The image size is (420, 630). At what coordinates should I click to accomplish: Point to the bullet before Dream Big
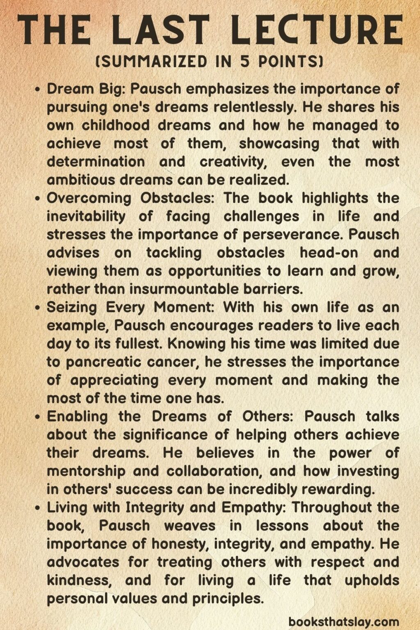click(38, 89)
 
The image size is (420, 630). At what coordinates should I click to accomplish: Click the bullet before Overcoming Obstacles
click(38, 198)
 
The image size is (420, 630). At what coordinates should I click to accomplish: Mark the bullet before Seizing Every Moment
click(38, 307)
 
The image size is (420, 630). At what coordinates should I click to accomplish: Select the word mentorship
click(86, 471)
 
